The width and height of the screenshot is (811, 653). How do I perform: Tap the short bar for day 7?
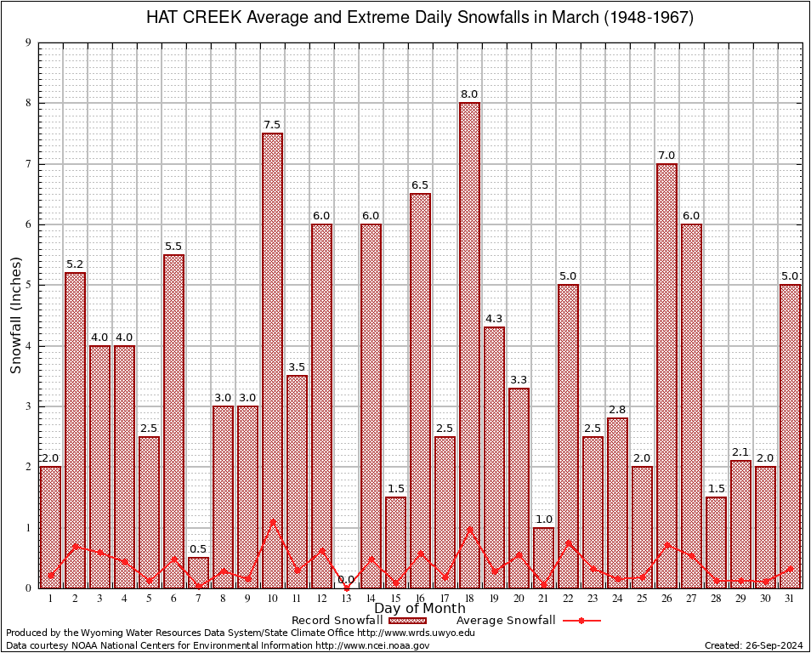(x=198, y=572)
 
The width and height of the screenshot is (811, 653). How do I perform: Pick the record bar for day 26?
(x=666, y=375)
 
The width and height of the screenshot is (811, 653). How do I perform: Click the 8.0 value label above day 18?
(x=469, y=94)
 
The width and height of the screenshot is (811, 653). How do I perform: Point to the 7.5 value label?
(x=272, y=125)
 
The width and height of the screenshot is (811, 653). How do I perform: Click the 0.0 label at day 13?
(x=346, y=580)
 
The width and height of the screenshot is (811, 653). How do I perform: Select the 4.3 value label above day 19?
(x=494, y=319)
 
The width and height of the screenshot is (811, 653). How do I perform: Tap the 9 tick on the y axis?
(x=28, y=43)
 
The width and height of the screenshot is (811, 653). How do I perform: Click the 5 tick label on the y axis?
(x=28, y=285)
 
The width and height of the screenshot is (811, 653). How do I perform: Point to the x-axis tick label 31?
(x=790, y=599)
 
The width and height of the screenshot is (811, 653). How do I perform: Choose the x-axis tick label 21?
(x=543, y=599)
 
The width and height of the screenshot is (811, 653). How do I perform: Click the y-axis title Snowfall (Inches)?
(x=15, y=315)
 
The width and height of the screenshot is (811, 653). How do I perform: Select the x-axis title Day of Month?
(x=419, y=609)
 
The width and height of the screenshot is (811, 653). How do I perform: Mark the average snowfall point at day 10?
(x=272, y=520)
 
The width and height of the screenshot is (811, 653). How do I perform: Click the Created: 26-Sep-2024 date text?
(x=754, y=645)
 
